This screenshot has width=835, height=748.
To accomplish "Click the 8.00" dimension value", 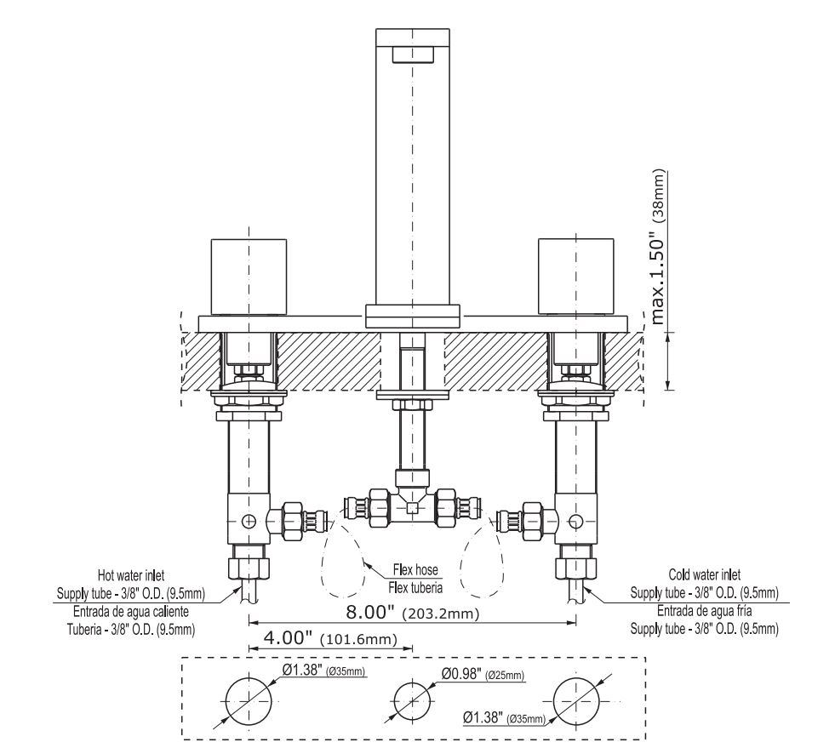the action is coord(370,612).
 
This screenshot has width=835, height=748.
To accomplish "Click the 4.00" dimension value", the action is coord(288,637).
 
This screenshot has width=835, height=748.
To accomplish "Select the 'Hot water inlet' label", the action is coord(131,575).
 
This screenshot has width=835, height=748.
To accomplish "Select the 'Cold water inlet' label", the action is coord(705,574).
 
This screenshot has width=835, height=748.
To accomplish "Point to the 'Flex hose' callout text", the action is coord(415,569).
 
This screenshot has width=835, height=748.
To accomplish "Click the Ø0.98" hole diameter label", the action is coord(461,674).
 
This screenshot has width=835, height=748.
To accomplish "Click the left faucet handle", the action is coord(249,277).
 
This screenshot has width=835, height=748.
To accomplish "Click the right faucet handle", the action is coord(576,277).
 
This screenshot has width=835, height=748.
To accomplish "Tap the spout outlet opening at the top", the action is coord(413,54).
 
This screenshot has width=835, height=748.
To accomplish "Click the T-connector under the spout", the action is coord(412,507).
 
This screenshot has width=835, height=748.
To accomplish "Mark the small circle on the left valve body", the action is coord(249,520).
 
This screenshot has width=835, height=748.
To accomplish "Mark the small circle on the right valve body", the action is coord(575,522).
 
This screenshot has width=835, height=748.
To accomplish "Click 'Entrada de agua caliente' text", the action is coord(131,611).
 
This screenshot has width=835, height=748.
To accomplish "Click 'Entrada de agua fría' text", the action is coord(705,611).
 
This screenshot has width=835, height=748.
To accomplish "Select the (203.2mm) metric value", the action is coord(441,614).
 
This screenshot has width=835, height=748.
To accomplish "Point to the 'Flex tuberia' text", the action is coord(415,588).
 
